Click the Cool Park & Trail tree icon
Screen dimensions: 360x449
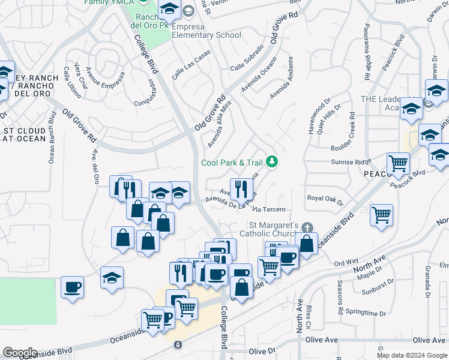tap(272, 161)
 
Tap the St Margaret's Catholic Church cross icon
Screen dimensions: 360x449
tap(307, 227)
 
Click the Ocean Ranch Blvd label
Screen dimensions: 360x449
tap(52, 138)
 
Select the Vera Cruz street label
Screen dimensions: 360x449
tap(80, 76)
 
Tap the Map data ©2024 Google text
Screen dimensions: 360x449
tap(412, 355)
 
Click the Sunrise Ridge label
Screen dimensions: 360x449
tap(351, 162)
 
